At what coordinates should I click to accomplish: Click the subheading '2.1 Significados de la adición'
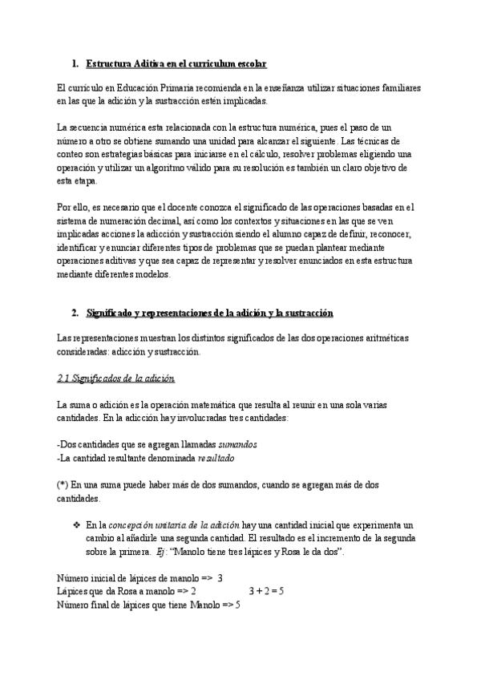tap(116, 378)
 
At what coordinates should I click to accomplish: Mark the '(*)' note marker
tap(63, 484)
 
